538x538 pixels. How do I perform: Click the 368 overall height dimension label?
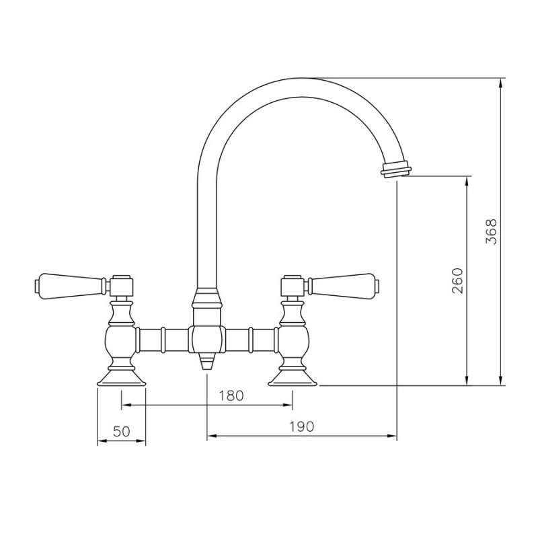click(x=492, y=232)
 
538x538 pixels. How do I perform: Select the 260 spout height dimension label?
click(x=457, y=281)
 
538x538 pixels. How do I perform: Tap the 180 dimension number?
click(x=231, y=395)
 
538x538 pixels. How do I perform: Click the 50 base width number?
click(x=121, y=431)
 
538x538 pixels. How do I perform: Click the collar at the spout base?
click(x=207, y=299)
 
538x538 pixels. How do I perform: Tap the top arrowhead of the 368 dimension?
click(x=501, y=83)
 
